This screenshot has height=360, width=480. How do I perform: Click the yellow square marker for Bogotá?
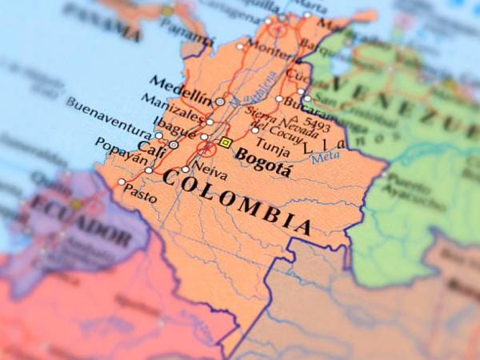tap(226, 143)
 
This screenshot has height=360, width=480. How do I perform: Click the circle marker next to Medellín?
tap(220, 102)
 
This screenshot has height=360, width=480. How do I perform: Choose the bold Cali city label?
tap(151, 147)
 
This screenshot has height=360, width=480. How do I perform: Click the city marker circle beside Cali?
tap(174, 145)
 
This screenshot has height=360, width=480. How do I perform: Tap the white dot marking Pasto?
tap(122, 182)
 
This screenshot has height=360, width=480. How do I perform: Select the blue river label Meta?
tap(325, 158)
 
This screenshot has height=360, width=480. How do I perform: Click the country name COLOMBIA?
tap(236, 199)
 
